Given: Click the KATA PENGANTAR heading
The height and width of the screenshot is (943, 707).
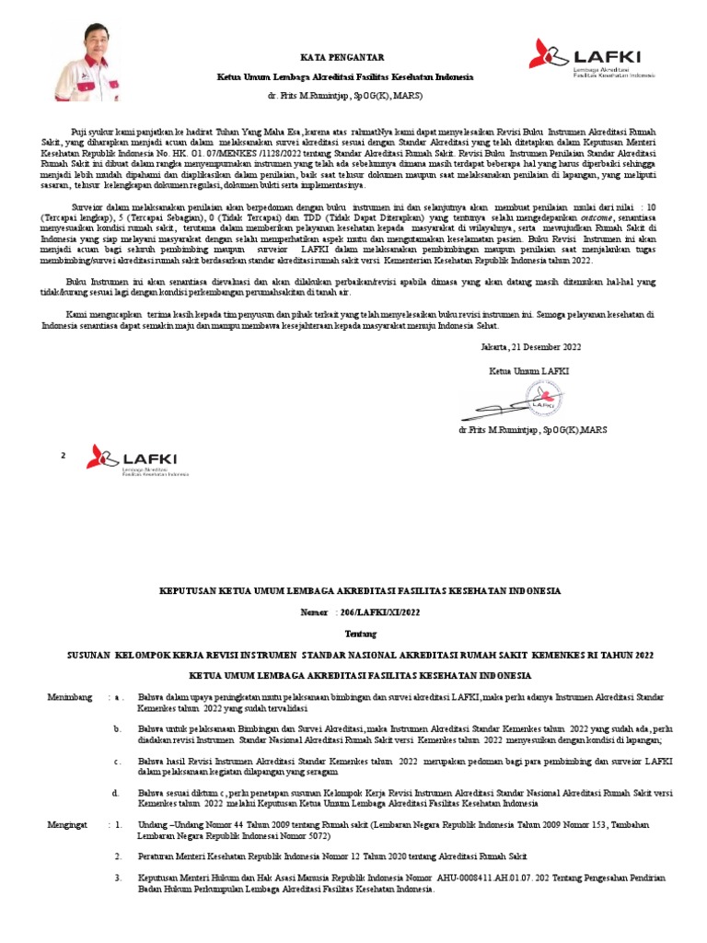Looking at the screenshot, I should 343,57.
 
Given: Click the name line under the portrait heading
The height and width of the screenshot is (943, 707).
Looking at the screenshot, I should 343,96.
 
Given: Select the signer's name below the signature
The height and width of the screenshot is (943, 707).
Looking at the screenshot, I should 532,430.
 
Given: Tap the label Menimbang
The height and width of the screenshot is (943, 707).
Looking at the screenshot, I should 70,698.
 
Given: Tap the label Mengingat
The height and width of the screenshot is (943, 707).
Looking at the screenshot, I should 67,825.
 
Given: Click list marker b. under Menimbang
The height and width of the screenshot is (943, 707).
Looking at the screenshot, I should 117,729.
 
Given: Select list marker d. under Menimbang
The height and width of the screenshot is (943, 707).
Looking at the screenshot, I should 117,792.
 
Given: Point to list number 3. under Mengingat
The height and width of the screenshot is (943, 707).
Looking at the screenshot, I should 119,879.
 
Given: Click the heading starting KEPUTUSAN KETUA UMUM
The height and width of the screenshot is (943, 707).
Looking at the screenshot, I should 360,590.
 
